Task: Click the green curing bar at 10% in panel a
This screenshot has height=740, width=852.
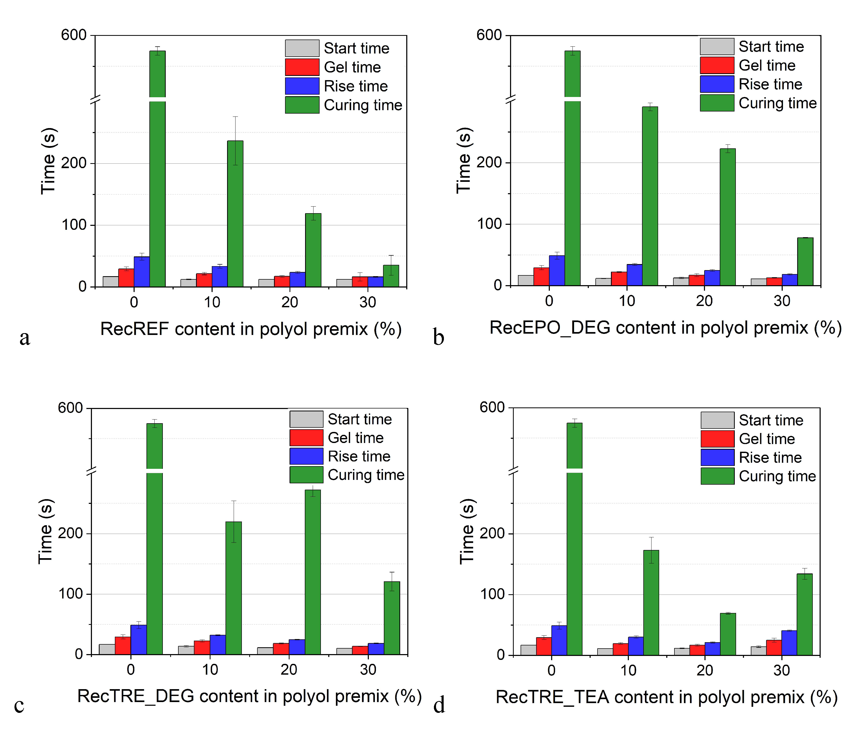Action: [x=235, y=215]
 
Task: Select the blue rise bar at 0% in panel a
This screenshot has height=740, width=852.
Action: [x=141, y=272]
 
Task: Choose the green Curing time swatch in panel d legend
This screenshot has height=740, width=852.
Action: [x=717, y=476]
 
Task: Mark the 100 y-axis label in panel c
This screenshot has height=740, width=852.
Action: [x=70, y=594]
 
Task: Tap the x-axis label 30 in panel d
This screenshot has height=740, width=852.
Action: [x=781, y=670]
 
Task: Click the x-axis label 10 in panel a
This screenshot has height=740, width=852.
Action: [x=212, y=302]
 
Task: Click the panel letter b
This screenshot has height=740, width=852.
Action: [x=438, y=337]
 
